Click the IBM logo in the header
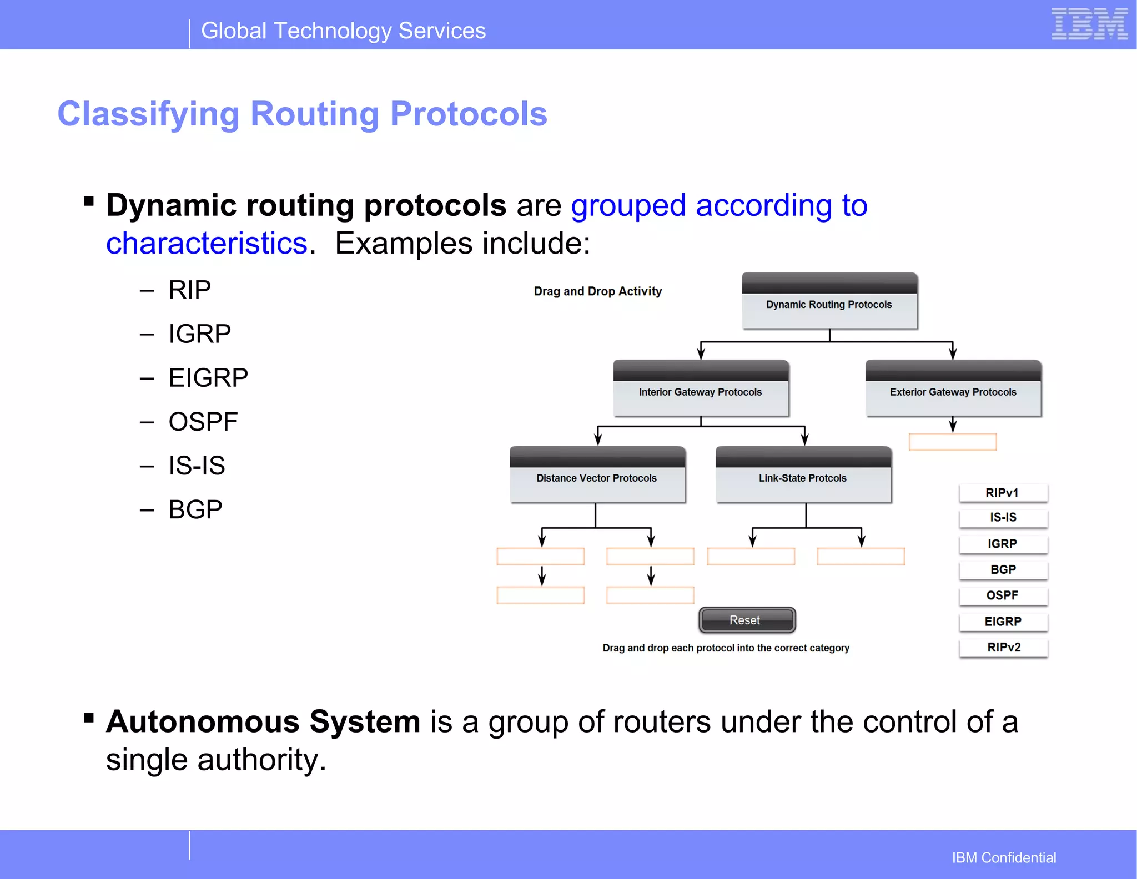pos(1089,24)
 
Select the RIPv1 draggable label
pos(1003,493)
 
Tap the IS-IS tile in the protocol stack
pos(1003,518)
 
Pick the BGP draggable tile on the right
pos(1003,570)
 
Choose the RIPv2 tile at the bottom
pos(1003,648)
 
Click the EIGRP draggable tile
pos(1003,622)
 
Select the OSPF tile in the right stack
pos(1003,595)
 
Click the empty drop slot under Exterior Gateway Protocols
pos(952,442)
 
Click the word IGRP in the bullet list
pos(199,334)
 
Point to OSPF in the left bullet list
pos(203,422)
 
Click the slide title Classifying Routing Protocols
pos(303,114)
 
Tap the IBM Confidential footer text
pos(1004,857)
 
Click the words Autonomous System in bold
pos(263,721)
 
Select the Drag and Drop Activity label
pos(597,291)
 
